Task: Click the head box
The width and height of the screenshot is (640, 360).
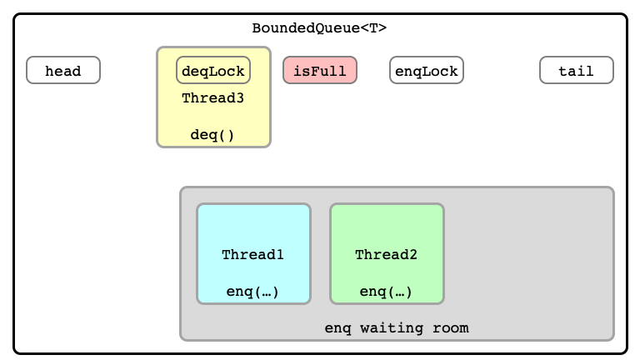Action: point(63,70)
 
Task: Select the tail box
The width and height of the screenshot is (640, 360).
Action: point(577,70)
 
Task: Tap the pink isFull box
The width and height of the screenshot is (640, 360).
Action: point(320,70)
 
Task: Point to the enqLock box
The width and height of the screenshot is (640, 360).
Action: point(427,70)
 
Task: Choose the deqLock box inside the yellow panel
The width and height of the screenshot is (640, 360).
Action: point(213,70)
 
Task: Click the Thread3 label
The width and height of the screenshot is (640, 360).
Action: point(213,98)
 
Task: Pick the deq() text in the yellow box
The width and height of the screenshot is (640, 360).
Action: point(212,135)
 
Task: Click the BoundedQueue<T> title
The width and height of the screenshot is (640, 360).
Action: point(319,27)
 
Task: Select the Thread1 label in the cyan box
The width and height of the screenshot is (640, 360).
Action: point(252,255)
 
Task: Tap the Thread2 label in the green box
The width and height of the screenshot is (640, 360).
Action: point(386,255)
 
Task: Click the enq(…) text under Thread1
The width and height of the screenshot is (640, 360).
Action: point(252,292)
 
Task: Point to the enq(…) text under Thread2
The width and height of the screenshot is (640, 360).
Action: point(386,292)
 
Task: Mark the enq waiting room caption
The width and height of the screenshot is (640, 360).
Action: point(397,328)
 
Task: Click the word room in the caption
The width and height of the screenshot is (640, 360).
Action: point(451,328)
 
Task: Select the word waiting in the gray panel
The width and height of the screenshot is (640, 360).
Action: point(392,328)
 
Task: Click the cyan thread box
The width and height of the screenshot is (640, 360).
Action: point(254,254)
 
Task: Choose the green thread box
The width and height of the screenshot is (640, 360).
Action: point(387,254)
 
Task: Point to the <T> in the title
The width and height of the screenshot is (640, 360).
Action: point(373,27)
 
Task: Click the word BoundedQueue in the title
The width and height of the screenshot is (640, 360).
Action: point(306,27)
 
